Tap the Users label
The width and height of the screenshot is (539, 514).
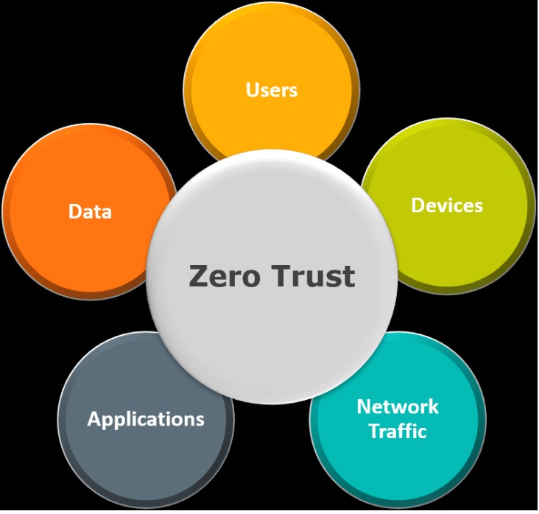(x=272, y=90)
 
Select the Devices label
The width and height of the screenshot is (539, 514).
(x=447, y=205)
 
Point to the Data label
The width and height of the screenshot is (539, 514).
(x=90, y=212)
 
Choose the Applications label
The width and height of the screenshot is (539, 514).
(x=146, y=419)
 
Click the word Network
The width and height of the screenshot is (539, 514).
(x=398, y=406)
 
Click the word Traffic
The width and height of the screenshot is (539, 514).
(x=398, y=431)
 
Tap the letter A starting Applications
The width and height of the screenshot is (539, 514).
(x=94, y=419)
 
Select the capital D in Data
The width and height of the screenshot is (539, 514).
(x=75, y=212)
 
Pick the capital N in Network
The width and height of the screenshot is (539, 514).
(x=363, y=406)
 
